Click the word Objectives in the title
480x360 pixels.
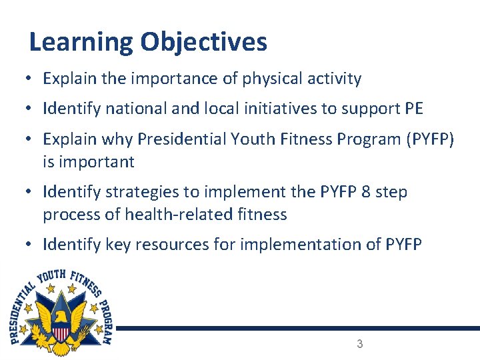[203, 43]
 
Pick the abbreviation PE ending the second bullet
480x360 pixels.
[413, 108]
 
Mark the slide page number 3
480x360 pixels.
[360, 344]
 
